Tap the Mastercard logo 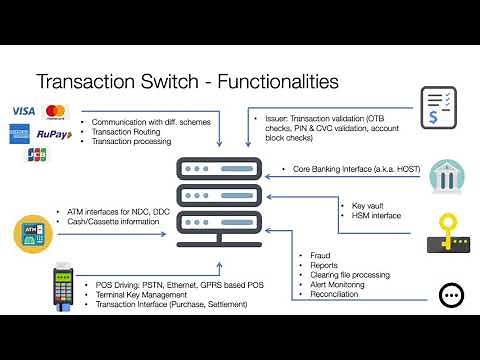point(56,109)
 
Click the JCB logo point(37,153)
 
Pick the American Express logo point(20,132)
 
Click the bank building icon point(442,177)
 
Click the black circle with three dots point(450,295)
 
